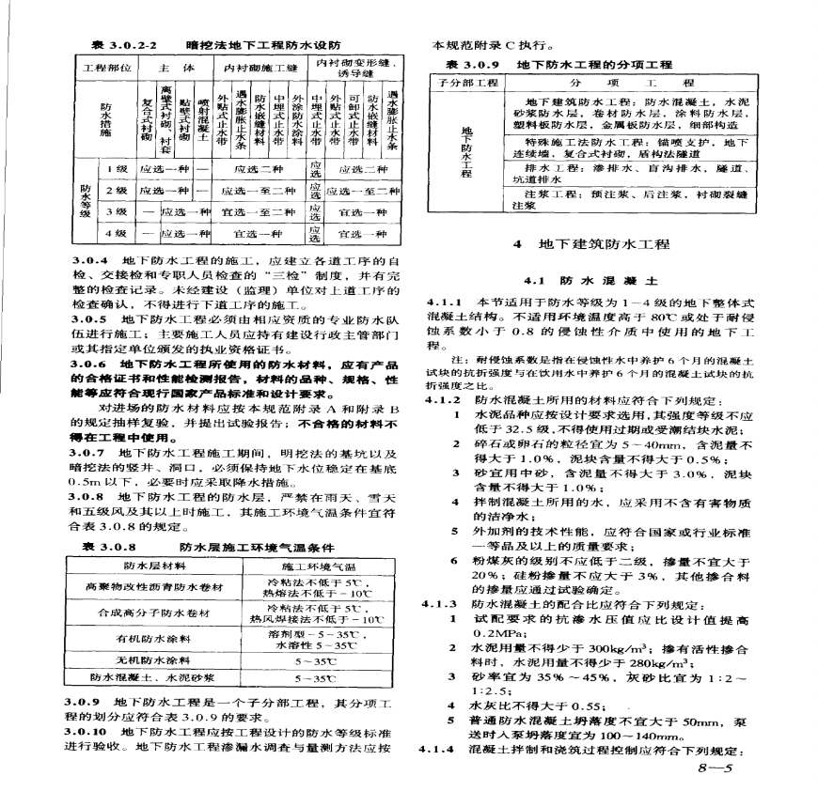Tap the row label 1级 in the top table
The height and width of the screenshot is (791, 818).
point(117,169)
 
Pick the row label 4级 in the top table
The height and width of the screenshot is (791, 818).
point(117,232)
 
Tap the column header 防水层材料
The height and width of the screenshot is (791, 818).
point(149,566)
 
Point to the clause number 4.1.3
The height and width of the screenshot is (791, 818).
point(438,604)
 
